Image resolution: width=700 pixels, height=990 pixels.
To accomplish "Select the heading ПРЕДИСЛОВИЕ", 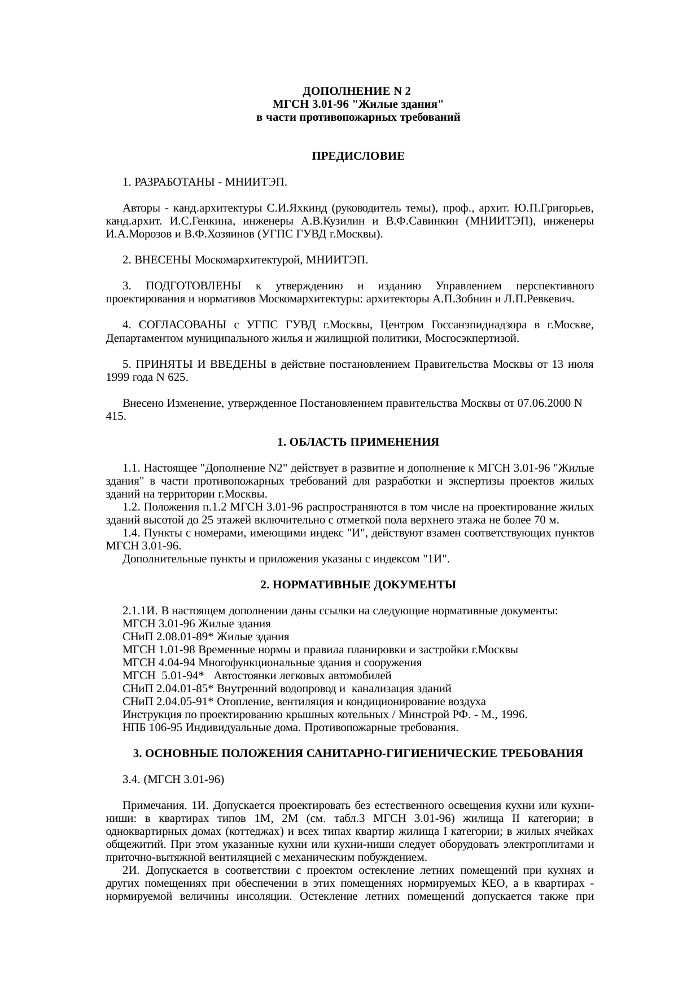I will [x=358, y=156].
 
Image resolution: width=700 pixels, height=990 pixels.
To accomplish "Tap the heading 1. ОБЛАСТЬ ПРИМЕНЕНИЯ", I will [x=358, y=442].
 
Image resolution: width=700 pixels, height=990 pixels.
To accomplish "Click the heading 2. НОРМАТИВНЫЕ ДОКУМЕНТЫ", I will [x=358, y=585].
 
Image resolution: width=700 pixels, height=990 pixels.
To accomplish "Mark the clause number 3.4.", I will [x=132, y=780].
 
